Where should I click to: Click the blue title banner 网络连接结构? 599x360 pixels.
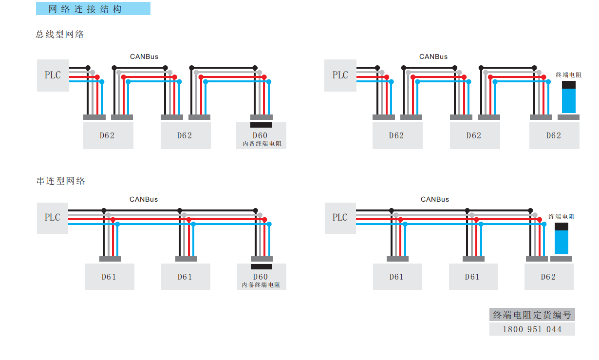click(x=93, y=9)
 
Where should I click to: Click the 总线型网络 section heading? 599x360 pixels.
click(x=60, y=34)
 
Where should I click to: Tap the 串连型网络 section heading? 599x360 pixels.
click(x=61, y=181)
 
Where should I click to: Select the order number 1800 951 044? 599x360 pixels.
click(x=532, y=329)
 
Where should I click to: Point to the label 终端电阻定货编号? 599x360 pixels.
click(x=532, y=315)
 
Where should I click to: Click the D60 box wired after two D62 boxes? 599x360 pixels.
click(x=261, y=135)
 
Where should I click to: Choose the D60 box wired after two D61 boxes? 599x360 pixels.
click(x=262, y=277)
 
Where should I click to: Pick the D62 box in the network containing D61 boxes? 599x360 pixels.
click(x=549, y=277)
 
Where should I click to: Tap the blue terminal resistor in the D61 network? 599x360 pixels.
click(x=562, y=239)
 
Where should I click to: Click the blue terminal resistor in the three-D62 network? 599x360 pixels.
click(x=569, y=97)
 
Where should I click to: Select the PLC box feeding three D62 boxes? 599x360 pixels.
click(x=340, y=76)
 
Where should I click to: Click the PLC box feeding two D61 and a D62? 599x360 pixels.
click(x=340, y=218)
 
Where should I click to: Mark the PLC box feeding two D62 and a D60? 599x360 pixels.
click(x=53, y=76)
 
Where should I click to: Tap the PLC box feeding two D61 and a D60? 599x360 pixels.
click(x=53, y=218)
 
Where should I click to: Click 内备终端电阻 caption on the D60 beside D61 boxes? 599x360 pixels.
click(x=261, y=285)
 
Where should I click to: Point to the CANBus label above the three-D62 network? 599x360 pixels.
click(x=433, y=57)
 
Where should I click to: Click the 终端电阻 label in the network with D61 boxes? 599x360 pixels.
click(x=562, y=216)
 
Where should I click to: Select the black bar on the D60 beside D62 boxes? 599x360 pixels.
click(x=261, y=125)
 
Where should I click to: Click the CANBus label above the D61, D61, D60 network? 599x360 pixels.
click(x=144, y=199)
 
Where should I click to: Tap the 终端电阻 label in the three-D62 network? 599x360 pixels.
click(x=568, y=75)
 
